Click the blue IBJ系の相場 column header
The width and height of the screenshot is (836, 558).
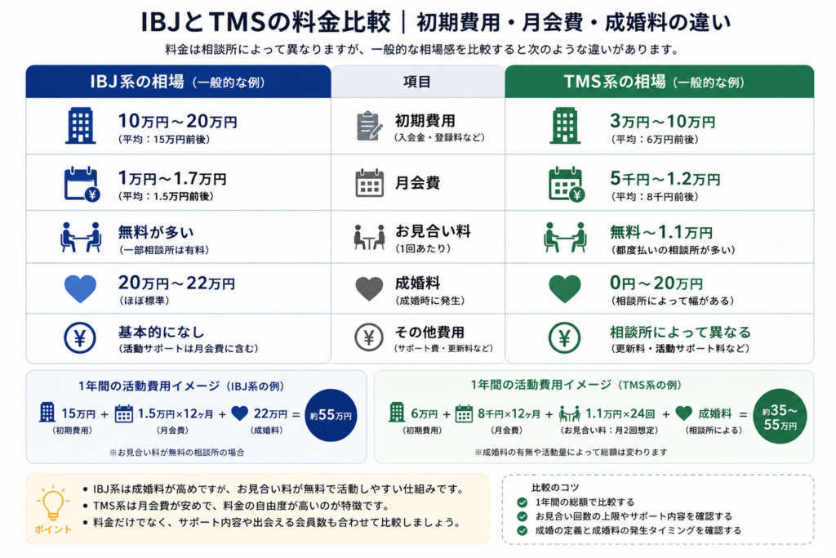[178, 82]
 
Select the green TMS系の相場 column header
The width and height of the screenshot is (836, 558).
[660, 82]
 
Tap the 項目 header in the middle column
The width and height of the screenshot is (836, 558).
[417, 82]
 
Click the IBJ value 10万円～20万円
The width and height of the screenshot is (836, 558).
[177, 122]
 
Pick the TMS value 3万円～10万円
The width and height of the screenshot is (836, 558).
[663, 122]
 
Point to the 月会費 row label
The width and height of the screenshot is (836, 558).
[417, 183]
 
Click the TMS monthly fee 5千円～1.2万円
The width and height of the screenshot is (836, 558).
[665, 179]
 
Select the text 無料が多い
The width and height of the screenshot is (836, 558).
[156, 232]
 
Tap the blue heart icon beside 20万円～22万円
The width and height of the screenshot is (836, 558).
[80, 288]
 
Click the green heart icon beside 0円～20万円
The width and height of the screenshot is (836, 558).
[565, 288]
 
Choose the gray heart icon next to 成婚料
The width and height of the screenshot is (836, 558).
[369, 288]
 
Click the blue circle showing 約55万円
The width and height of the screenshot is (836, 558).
[331, 415]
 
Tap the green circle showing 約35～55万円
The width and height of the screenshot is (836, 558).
[780, 416]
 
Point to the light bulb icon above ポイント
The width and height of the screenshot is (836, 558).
[53, 502]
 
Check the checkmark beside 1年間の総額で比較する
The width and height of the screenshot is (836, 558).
[522, 502]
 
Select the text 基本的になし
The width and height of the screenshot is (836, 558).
[161, 333]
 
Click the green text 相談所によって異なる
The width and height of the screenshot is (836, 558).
[680, 333]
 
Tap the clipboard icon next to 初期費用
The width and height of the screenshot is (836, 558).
[369, 127]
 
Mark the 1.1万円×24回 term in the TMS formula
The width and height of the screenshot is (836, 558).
[620, 413]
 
